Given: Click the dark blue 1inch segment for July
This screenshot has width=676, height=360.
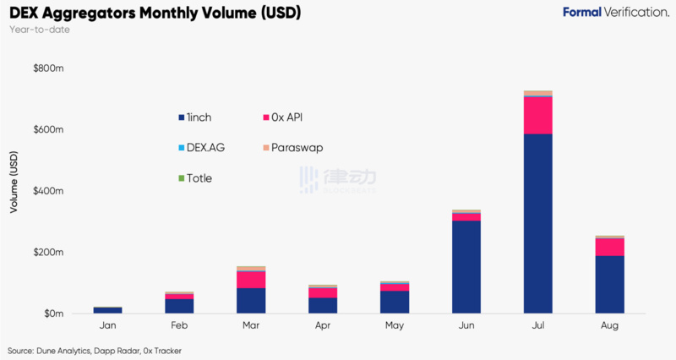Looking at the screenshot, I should click(537, 223).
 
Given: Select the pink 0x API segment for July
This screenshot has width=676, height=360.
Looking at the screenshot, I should click(537, 116).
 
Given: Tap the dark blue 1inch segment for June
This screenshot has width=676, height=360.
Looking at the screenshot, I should click(466, 266).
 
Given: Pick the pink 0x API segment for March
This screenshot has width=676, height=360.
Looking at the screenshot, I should click(251, 280).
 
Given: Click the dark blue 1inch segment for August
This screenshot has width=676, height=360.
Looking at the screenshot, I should click(609, 284).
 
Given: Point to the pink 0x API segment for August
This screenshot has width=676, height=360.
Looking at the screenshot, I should click(609, 247).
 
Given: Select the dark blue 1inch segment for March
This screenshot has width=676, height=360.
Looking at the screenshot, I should click(251, 301).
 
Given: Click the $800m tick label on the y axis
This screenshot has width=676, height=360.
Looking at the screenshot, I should click(47, 68).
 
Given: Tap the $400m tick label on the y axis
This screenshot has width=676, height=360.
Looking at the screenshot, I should click(47, 191).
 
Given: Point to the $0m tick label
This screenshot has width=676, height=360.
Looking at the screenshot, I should click(52, 314).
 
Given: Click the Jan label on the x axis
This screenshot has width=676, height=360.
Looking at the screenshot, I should click(107, 325).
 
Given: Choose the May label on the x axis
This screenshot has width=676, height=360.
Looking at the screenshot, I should click(395, 325).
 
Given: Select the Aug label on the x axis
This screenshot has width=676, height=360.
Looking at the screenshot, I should click(609, 325).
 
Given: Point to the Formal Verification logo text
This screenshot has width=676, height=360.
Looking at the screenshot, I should click(616, 13).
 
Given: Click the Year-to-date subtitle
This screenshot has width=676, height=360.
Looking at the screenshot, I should click(40, 30).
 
